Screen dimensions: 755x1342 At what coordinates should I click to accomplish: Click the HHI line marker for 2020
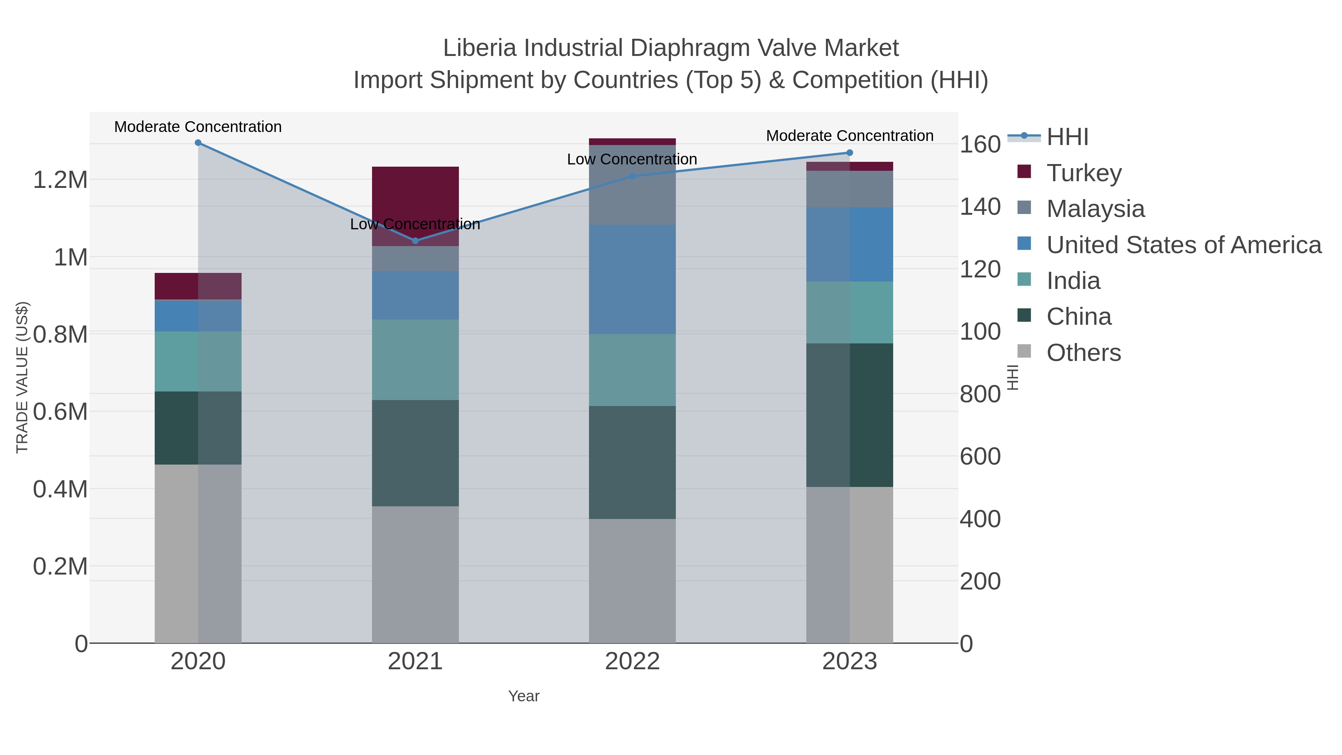coord(198,143)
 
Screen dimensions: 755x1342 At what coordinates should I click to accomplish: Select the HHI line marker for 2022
coord(633,176)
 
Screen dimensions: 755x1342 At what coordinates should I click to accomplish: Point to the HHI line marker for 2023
coord(850,152)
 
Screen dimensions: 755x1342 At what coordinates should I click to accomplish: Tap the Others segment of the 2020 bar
coord(198,553)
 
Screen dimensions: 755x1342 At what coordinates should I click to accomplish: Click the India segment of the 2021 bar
coord(415,359)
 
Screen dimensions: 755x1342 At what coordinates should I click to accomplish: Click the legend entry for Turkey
coord(1084,173)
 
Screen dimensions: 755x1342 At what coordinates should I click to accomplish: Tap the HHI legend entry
coord(1067,136)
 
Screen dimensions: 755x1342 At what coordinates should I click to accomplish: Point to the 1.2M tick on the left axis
coord(60,180)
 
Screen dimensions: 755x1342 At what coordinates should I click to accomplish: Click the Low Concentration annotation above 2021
coord(415,224)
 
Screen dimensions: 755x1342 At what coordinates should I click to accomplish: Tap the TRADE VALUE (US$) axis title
coord(22,377)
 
